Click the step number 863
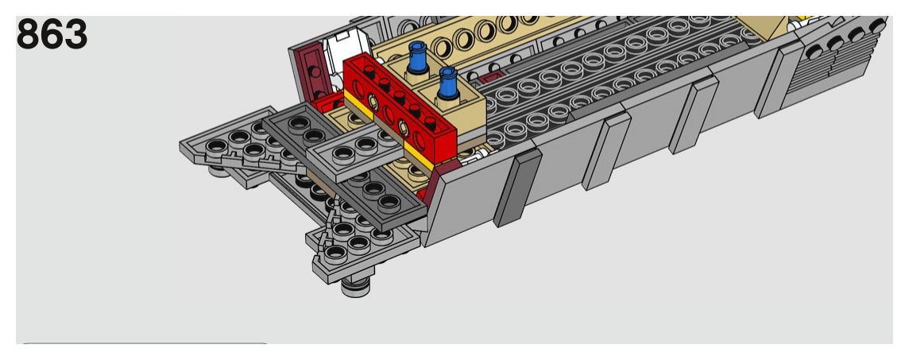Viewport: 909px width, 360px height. coord(52,35)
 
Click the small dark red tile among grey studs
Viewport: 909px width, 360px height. coord(489,78)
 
